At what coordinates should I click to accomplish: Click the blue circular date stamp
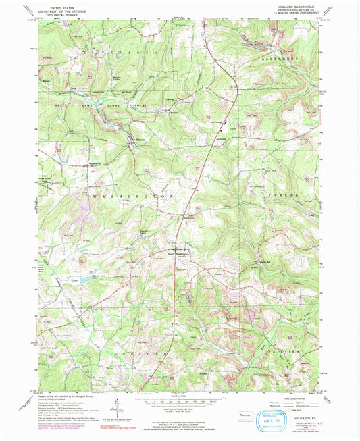pos(276,417)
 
